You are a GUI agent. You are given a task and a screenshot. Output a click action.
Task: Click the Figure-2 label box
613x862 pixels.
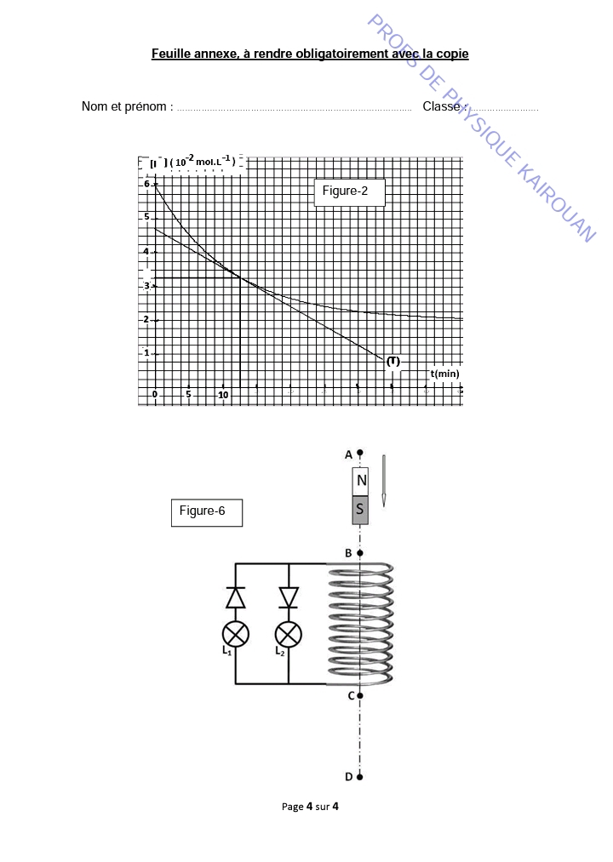coord(350,192)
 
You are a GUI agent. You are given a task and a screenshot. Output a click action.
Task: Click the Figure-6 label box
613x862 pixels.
coord(207,512)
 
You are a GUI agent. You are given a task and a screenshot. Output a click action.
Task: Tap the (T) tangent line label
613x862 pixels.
coord(392,361)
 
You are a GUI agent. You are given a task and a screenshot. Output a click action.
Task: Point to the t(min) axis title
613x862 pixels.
coord(444,374)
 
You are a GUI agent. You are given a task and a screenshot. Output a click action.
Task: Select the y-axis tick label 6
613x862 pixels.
coord(146,184)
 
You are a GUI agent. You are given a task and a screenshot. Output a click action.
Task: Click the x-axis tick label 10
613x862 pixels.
coord(222,395)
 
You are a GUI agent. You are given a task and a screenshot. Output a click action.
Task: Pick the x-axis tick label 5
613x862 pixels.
coord(188,395)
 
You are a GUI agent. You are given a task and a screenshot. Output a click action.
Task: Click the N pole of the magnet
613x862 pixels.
coord(362,482)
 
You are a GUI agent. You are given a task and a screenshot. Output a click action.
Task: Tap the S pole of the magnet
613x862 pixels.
coord(362,511)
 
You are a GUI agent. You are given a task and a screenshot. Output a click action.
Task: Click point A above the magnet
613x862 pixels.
coord(360,453)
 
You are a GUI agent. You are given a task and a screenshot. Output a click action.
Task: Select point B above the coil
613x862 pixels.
coord(360,553)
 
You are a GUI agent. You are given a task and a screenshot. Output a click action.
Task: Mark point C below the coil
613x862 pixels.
coord(360,696)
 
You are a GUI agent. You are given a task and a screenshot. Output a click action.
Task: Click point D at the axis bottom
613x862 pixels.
coord(360,776)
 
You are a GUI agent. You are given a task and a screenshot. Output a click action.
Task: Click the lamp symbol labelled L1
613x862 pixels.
coord(236,634)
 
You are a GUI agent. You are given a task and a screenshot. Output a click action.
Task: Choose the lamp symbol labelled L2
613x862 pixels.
coord(289,634)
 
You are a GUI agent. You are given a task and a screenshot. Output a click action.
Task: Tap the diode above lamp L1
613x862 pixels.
coord(236,597)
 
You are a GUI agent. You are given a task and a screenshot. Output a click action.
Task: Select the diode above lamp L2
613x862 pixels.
coord(289,597)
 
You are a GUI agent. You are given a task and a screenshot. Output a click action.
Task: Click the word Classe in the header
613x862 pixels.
coord(441,106)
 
